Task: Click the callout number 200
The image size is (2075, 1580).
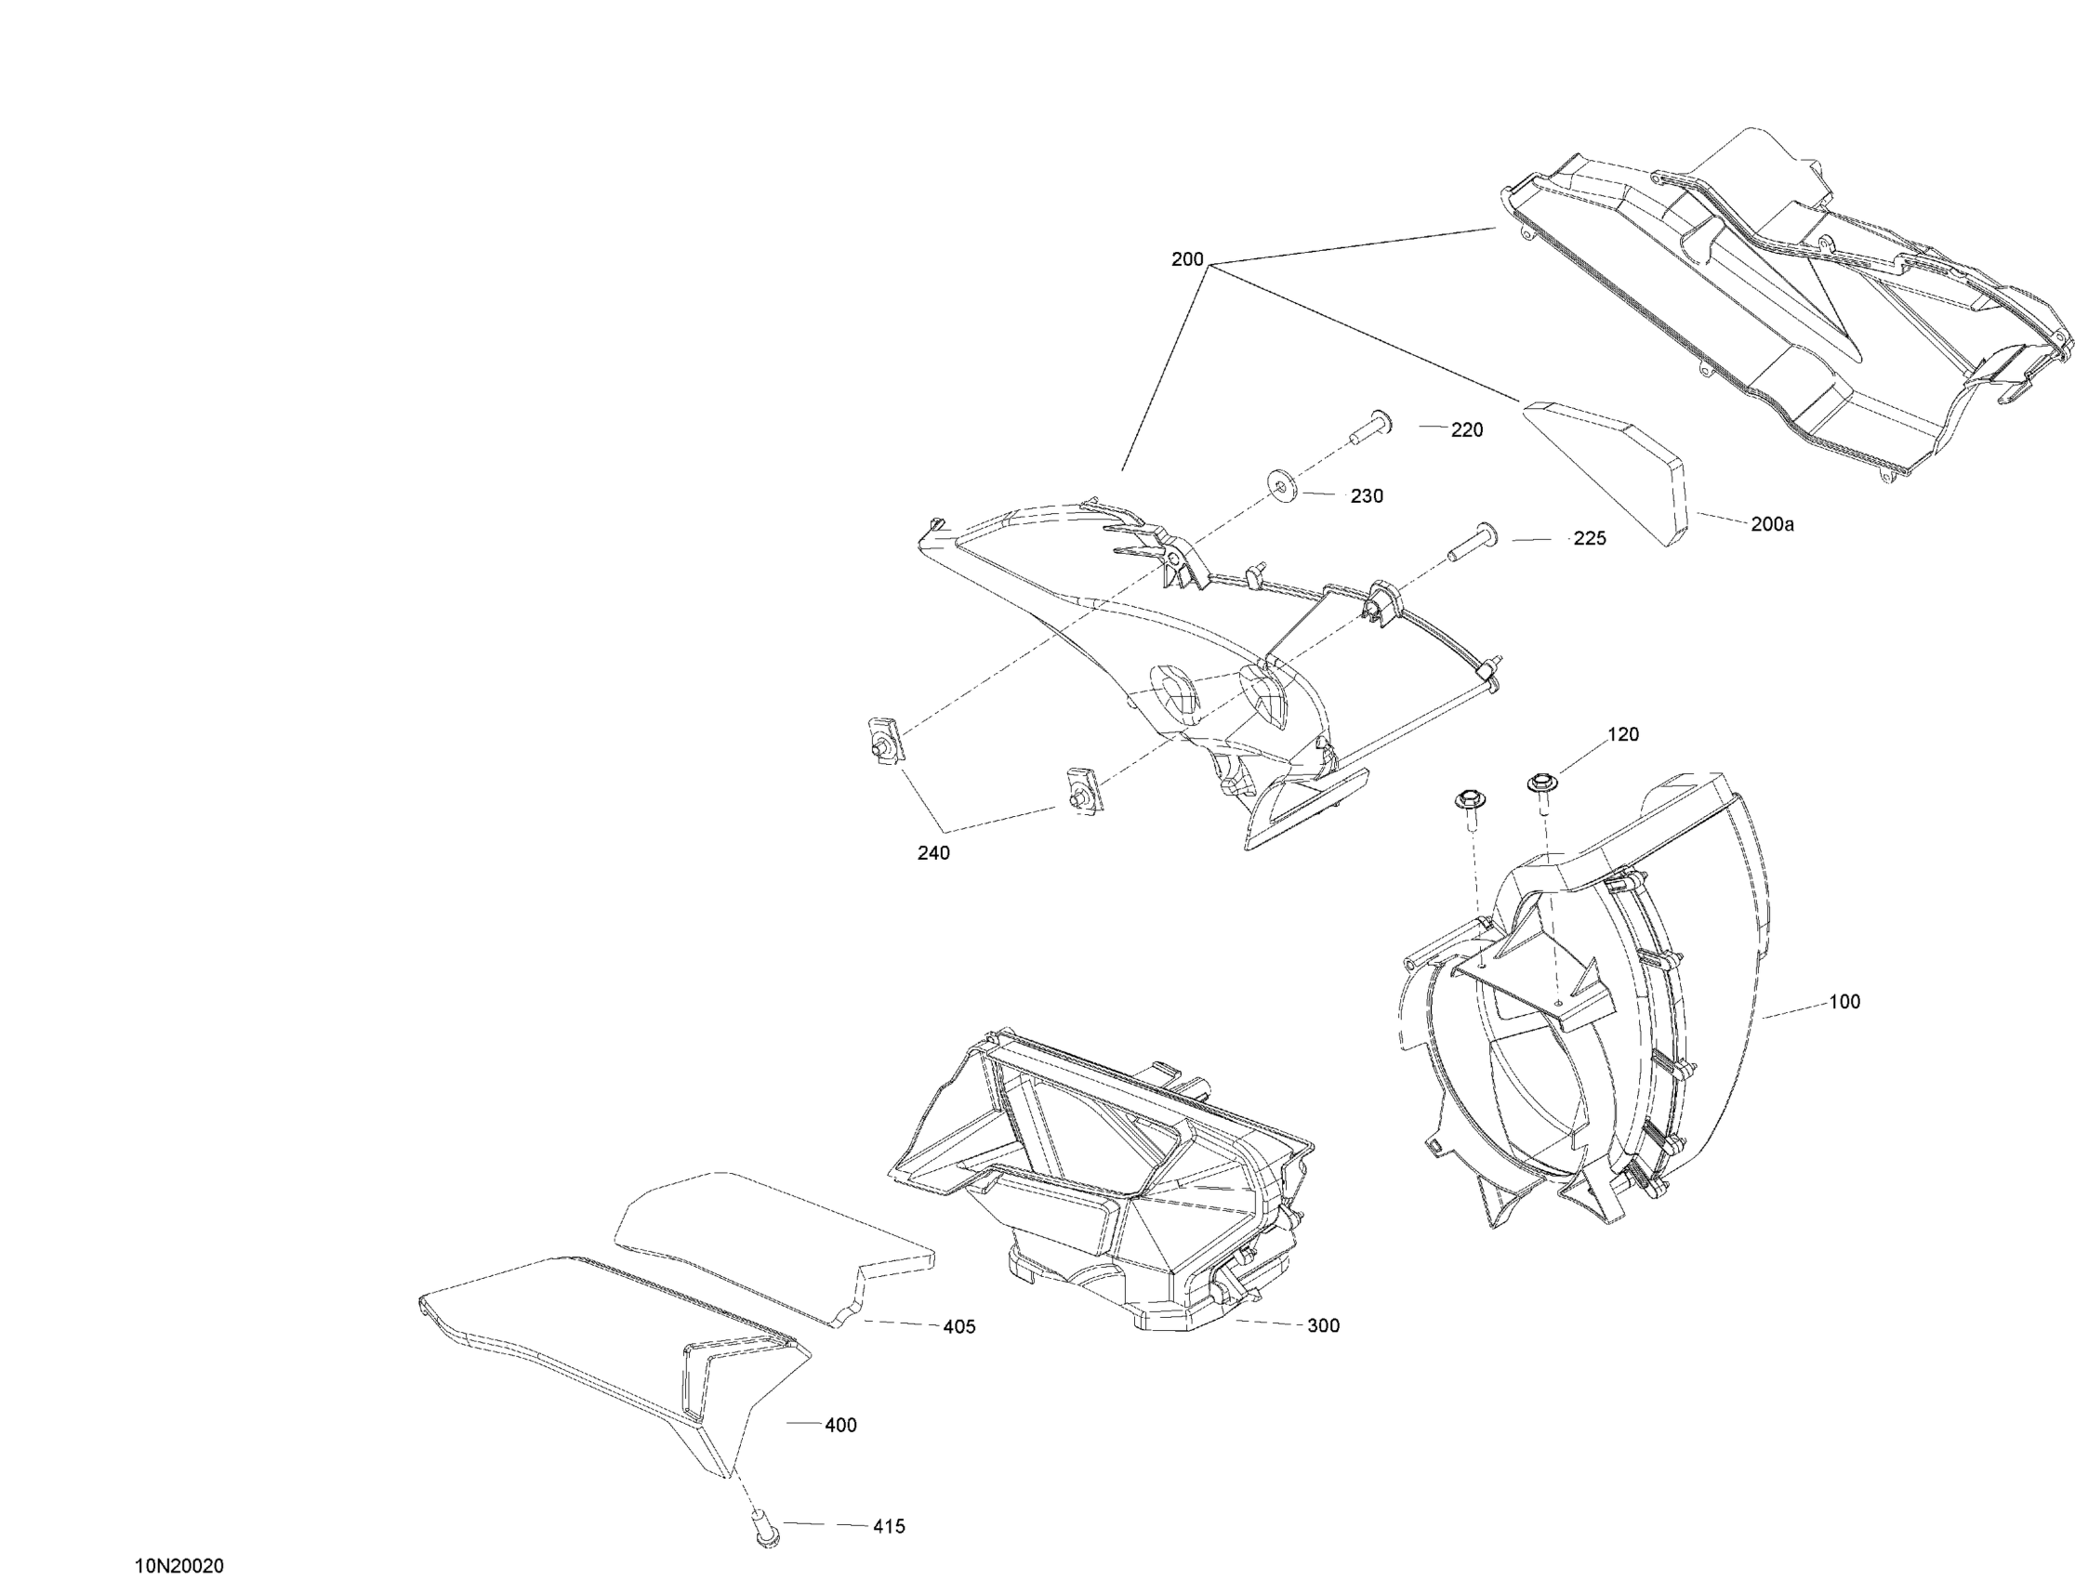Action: (x=1187, y=259)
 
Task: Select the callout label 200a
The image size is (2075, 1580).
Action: (x=1772, y=525)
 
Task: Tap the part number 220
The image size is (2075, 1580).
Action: (x=1466, y=429)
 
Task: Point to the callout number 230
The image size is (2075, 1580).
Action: (x=1367, y=495)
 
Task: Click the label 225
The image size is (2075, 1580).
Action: (x=1590, y=539)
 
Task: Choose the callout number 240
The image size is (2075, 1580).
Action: (x=933, y=853)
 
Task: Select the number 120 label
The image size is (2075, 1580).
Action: (x=1622, y=734)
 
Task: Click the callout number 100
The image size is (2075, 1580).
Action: (x=1844, y=1002)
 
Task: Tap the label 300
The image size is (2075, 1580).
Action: (x=1324, y=1325)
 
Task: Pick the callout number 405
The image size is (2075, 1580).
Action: (x=959, y=1326)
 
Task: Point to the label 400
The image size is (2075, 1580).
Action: (x=840, y=1425)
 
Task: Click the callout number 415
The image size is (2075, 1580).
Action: (x=889, y=1526)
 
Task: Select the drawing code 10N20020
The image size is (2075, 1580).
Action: (x=179, y=1566)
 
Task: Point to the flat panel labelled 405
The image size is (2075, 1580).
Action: (x=772, y=1242)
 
